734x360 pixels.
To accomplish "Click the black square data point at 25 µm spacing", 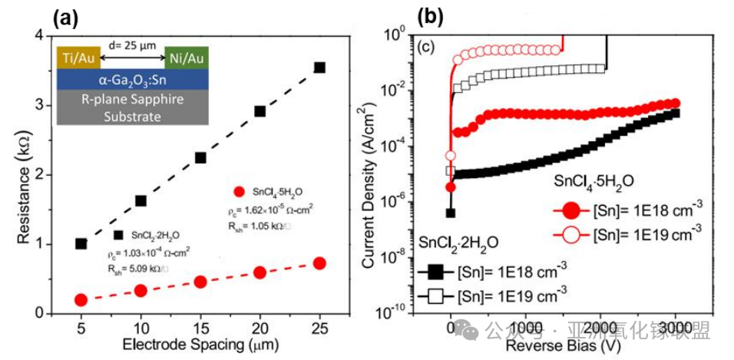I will pos(319,68).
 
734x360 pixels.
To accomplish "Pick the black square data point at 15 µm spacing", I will pos(200,157).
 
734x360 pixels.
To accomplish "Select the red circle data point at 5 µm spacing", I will pos(81,299).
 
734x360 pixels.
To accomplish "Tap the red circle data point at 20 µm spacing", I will pos(260,272).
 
